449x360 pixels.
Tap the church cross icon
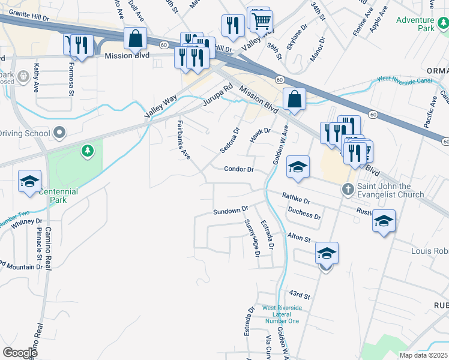[x=348, y=190]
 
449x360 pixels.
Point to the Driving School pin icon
[x=59, y=132]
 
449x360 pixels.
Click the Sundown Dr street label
[x=231, y=211]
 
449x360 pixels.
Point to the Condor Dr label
[x=240, y=170]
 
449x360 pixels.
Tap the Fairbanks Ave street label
[x=184, y=139]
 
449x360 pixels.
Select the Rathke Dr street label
[x=296, y=197]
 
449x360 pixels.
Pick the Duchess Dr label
[x=304, y=213]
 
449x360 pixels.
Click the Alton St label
[x=299, y=238]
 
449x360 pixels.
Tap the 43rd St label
[x=298, y=295]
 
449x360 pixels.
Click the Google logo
[x=20, y=353]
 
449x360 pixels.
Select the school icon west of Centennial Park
[x=29, y=182]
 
